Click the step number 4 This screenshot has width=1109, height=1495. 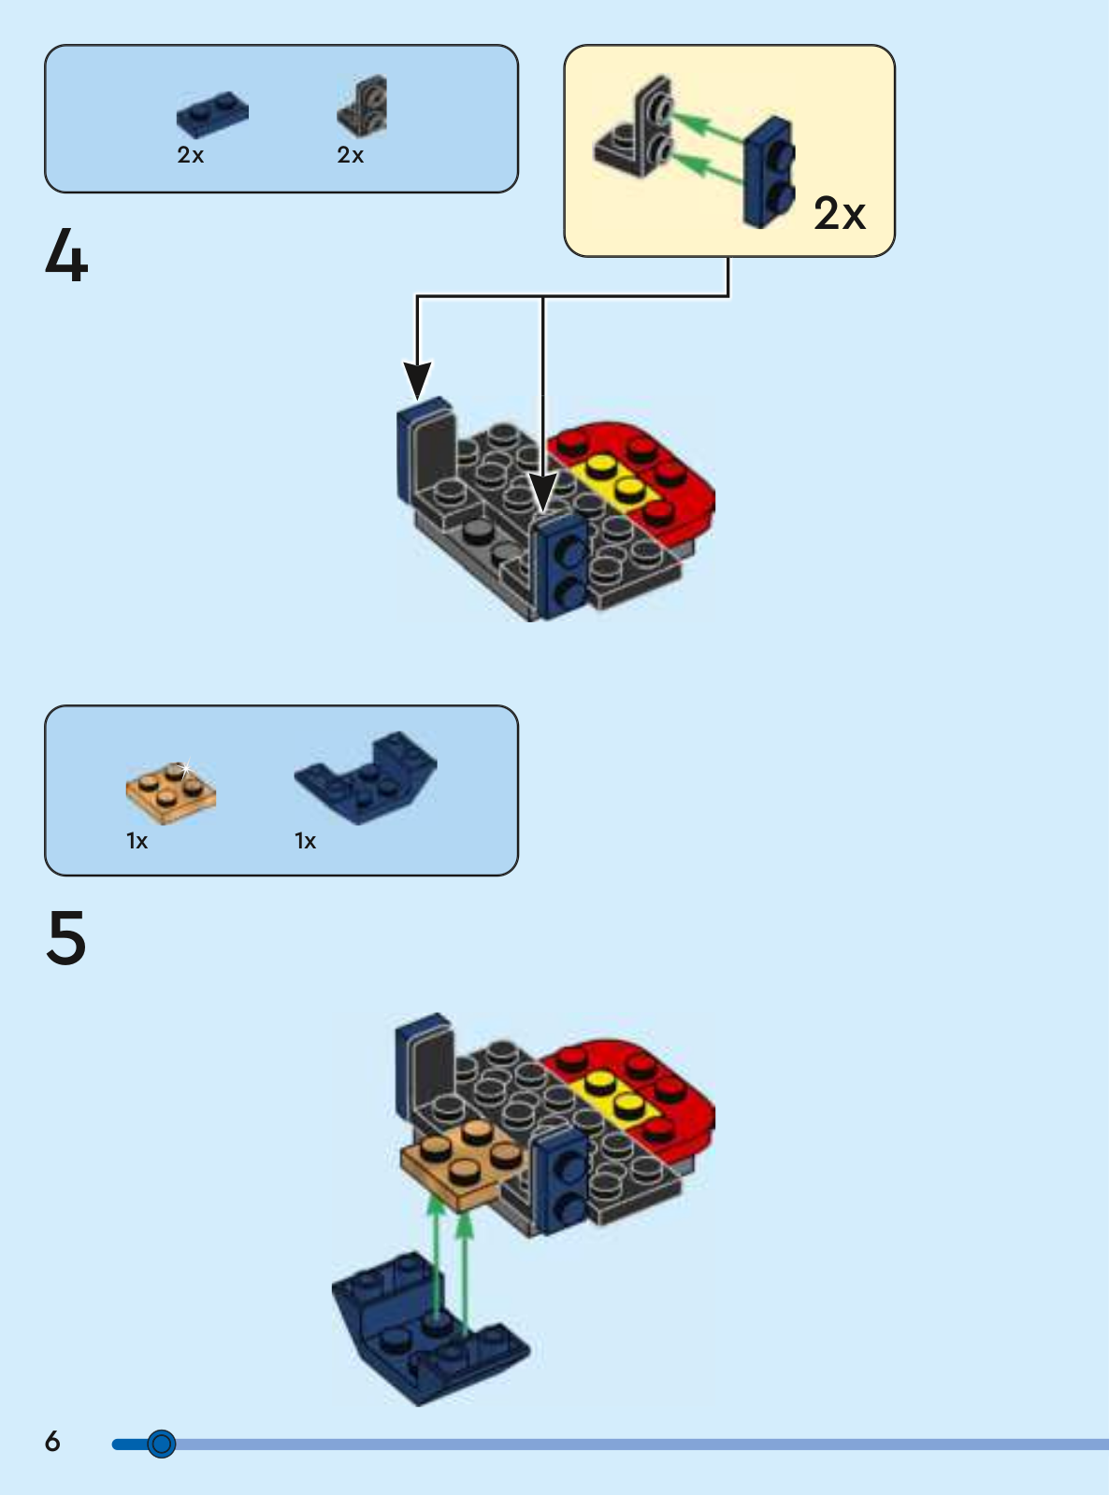66,257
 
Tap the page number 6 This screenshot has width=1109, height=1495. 52,1441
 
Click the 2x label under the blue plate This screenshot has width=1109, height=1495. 191,155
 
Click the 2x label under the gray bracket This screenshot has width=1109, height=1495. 351,155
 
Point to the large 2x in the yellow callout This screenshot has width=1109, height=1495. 840,214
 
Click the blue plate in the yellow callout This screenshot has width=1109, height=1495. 769,172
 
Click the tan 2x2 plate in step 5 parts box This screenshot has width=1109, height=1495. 171,793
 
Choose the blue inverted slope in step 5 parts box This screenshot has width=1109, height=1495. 367,777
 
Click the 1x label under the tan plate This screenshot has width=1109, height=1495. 137,841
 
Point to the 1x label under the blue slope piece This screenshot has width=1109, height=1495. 306,841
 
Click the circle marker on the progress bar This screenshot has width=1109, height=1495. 162,1444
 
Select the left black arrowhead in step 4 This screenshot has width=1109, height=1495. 417,377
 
